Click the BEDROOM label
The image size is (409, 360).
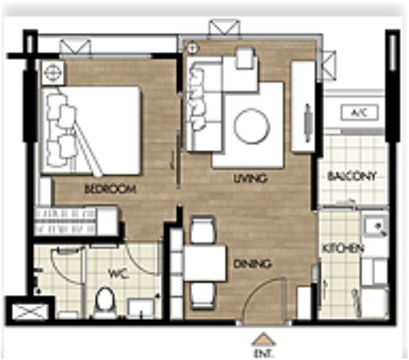[x=111, y=189]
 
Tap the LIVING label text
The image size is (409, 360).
[x=251, y=179]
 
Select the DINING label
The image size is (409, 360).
[x=253, y=264]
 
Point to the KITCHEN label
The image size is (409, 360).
[x=343, y=249]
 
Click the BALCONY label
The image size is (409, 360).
[x=352, y=176]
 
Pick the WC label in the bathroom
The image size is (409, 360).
[x=118, y=274]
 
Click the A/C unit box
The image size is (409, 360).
[x=360, y=113]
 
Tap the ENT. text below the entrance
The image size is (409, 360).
[x=263, y=354]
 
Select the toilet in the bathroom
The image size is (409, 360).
[x=104, y=302]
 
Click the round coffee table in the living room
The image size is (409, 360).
[x=252, y=126]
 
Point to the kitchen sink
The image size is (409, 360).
[x=375, y=226]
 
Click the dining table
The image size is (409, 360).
[x=205, y=263]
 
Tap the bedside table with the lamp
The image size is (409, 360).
[x=52, y=72]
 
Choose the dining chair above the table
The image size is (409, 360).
[x=203, y=230]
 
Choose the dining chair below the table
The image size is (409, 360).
[x=203, y=296]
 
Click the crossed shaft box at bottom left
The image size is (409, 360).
[x=31, y=311]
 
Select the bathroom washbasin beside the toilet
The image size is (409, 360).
[x=141, y=309]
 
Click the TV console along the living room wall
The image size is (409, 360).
[x=303, y=106]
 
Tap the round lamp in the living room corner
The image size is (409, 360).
[x=192, y=48]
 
